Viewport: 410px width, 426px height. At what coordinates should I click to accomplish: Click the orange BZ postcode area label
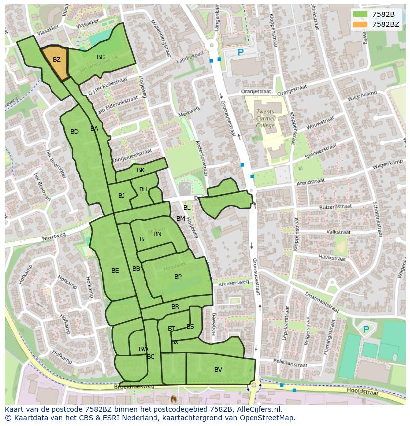pos(57,60)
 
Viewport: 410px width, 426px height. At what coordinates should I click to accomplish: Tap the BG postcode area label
pos(101,57)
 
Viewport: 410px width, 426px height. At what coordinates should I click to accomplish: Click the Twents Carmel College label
pos(265,119)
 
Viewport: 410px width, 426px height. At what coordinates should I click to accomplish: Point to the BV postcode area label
pos(218,370)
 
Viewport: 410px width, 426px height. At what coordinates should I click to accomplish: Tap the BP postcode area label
pos(178,277)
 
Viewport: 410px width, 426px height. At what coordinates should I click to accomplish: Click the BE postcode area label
pos(115,271)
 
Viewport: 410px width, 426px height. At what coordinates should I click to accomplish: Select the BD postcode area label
pos(74,132)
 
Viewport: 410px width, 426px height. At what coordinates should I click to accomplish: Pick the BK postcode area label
pos(141,170)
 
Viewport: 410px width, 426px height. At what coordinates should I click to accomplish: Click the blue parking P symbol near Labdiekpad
pos(241,52)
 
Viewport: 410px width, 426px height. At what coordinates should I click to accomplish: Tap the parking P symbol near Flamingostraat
pos(366,329)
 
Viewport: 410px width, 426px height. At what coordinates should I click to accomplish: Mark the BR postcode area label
pos(175,307)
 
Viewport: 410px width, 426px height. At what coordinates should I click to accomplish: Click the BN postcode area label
pos(157,234)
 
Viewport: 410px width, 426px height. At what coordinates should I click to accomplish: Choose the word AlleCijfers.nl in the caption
pos(257,409)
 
